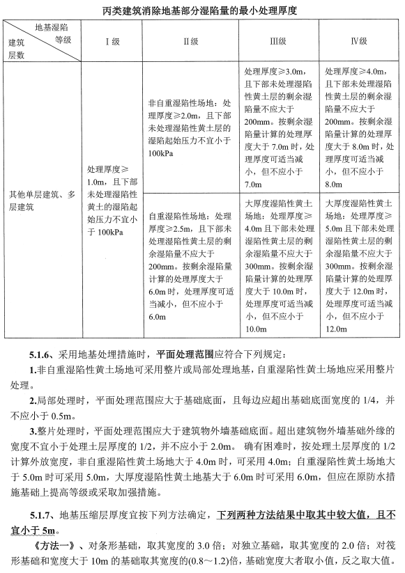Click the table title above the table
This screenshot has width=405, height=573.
(x=202, y=10)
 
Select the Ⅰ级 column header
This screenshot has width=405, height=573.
(x=112, y=41)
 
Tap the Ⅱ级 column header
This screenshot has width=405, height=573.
(x=190, y=41)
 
